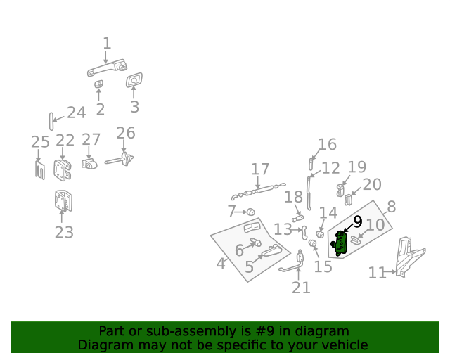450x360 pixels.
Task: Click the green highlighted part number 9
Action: [x=340, y=243]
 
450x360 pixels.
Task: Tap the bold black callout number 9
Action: [x=357, y=222]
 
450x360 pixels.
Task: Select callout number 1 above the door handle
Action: [x=107, y=44]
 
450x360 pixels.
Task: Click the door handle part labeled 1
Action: [x=108, y=67]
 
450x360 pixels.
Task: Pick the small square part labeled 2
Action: [x=99, y=84]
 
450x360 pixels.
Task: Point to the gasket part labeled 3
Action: [x=134, y=80]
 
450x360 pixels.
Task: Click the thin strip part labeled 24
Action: [x=51, y=122]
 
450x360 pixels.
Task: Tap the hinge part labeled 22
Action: [x=62, y=170]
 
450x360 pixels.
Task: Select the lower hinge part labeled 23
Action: [x=63, y=200]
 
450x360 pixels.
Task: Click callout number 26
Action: [x=126, y=133]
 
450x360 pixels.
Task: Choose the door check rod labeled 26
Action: [x=119, y=160]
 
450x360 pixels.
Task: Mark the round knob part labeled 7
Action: [x=251, y=212]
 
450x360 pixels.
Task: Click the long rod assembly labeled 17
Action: [x=258, y=191]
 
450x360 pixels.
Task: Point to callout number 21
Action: [x=301, y=288]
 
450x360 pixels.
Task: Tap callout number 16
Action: [x=328, y=144]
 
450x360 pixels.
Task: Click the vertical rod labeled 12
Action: [x=309, y=193]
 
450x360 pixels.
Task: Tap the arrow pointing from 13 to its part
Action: [x=297, y=230]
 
